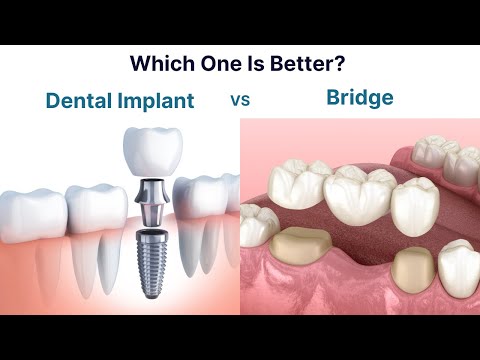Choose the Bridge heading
358,99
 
